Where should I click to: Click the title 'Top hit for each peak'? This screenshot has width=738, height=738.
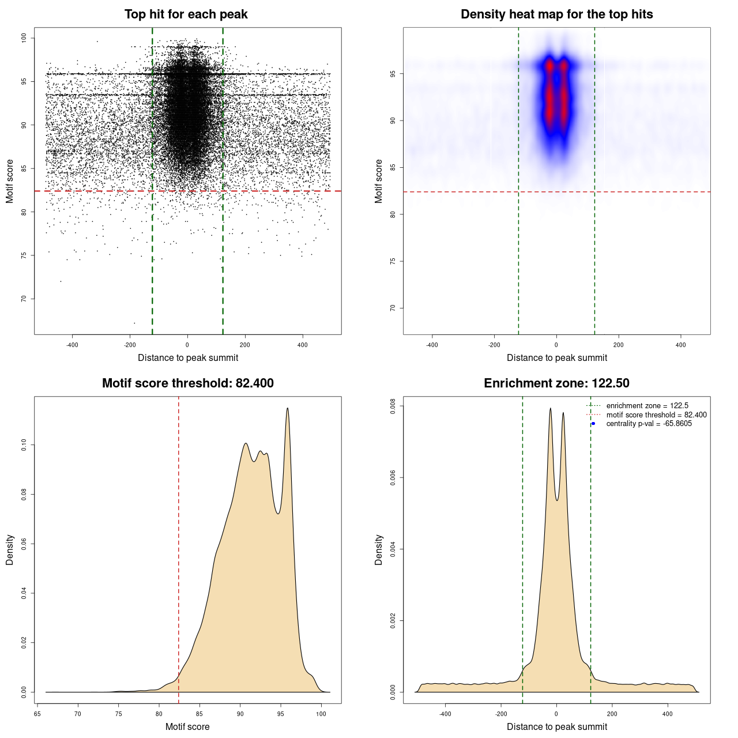[x=186, y=14]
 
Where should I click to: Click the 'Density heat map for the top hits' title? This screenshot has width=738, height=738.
[x=556, y=14]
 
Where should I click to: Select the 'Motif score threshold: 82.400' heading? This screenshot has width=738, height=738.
[x=187, y=383]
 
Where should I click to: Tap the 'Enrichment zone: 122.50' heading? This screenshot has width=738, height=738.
[x=556, y=383]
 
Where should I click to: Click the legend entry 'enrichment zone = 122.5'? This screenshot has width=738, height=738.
[x=647, y=406]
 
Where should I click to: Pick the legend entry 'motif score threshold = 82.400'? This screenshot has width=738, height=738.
[x=656, y=415]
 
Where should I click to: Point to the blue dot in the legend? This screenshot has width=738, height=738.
[x=593, y=424]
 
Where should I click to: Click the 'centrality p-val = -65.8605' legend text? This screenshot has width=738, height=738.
[x=649, y=424]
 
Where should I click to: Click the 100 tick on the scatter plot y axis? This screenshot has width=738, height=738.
[x=24, y=38]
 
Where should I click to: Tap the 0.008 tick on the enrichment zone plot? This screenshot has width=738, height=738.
[x=393, y=406]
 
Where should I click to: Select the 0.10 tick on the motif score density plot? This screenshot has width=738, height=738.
[x=24, y=445]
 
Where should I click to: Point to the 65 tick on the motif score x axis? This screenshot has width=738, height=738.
[x=37, y=714]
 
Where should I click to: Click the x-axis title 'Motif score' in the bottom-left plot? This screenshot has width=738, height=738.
[x=187, y=726]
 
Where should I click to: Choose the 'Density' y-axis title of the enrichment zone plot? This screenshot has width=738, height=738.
[x=379, y=549]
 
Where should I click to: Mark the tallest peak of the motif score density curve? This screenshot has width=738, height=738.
[x=287, y=409]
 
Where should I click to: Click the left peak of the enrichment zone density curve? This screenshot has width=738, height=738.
[x=551, y=409]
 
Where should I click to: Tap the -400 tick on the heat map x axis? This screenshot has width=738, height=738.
[x=432, y=345]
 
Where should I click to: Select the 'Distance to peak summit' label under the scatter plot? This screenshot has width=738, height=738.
[x=188, y=357]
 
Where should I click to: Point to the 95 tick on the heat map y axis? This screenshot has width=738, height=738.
[x=393, y=74]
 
